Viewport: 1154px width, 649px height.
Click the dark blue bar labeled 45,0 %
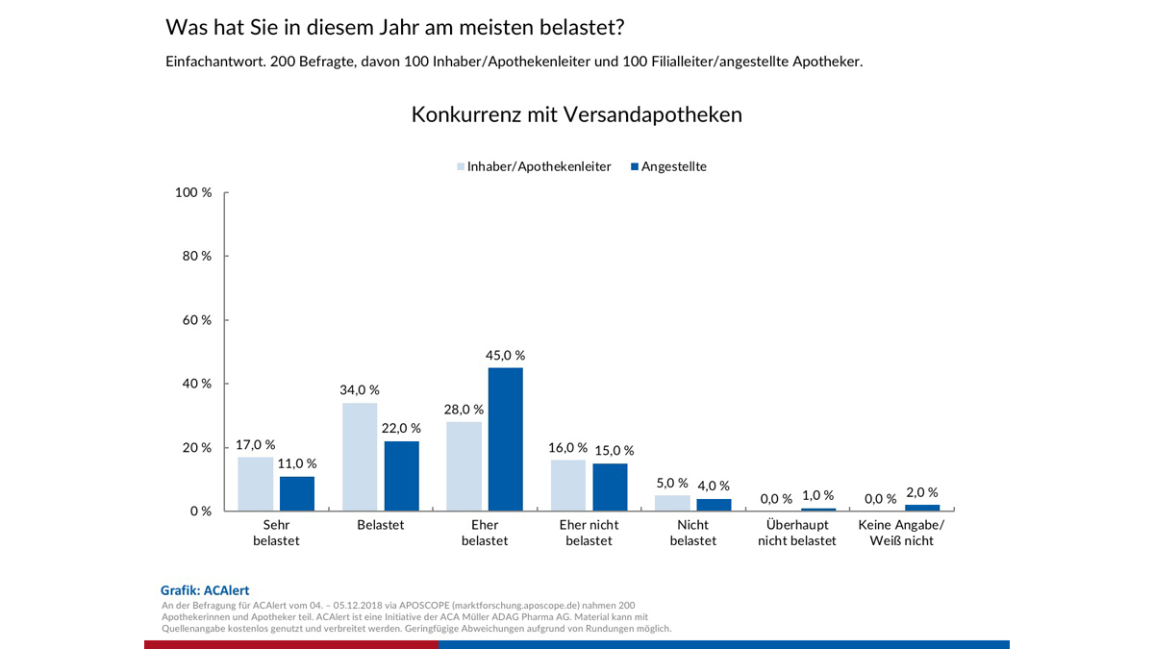click(505, 439)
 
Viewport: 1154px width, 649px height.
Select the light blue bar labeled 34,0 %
click(360, 457)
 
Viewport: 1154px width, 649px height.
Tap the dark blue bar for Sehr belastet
click(297, 493)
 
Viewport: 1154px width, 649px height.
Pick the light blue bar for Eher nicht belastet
click(568, 486)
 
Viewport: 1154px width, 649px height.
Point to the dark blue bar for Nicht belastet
click(714, 505)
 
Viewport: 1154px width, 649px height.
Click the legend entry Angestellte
click(668, 166)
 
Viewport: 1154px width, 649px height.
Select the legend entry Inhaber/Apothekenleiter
click(534, 166)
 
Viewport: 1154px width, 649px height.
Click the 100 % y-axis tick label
click(194, 192)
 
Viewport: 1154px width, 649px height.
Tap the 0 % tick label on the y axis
click(201, 512)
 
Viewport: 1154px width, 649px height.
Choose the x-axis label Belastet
click(381, 525)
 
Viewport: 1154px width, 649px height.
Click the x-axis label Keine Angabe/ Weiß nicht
click(901, 533)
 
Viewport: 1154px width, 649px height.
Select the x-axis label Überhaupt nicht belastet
click(797, 533)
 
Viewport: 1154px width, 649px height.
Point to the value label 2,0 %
click(922, 492)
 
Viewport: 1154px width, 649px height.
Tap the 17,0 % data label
click(256, 445)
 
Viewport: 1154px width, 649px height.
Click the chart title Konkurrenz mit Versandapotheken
click(576, 114)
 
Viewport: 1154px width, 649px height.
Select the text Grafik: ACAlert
click(205, 590)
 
